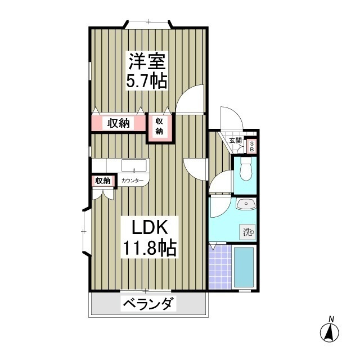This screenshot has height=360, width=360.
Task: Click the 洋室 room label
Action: pos(147,61)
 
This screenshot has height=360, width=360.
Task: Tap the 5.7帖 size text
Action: pos(146,81)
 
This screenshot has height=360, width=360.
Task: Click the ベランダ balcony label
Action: pos(148,304)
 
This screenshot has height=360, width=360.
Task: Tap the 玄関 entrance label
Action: pos(235,141)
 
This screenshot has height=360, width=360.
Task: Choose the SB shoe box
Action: pos(251,146)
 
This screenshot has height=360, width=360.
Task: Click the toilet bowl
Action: pos(246,169)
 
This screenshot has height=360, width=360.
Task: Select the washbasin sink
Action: pos(246,204)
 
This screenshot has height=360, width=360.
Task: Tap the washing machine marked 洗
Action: pos(247,232)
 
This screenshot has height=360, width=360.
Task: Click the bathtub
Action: pos(244,268)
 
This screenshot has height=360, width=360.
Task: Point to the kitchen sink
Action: pos(134,165)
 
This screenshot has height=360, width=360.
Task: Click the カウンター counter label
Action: pos(132,181)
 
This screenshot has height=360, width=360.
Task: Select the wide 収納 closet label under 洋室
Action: pos(119,124)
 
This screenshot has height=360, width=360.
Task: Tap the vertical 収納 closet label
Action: pos(159,126)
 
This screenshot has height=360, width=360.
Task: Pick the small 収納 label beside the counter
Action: pos(103,181)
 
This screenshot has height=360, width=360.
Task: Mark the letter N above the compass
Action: pos(331,319)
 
